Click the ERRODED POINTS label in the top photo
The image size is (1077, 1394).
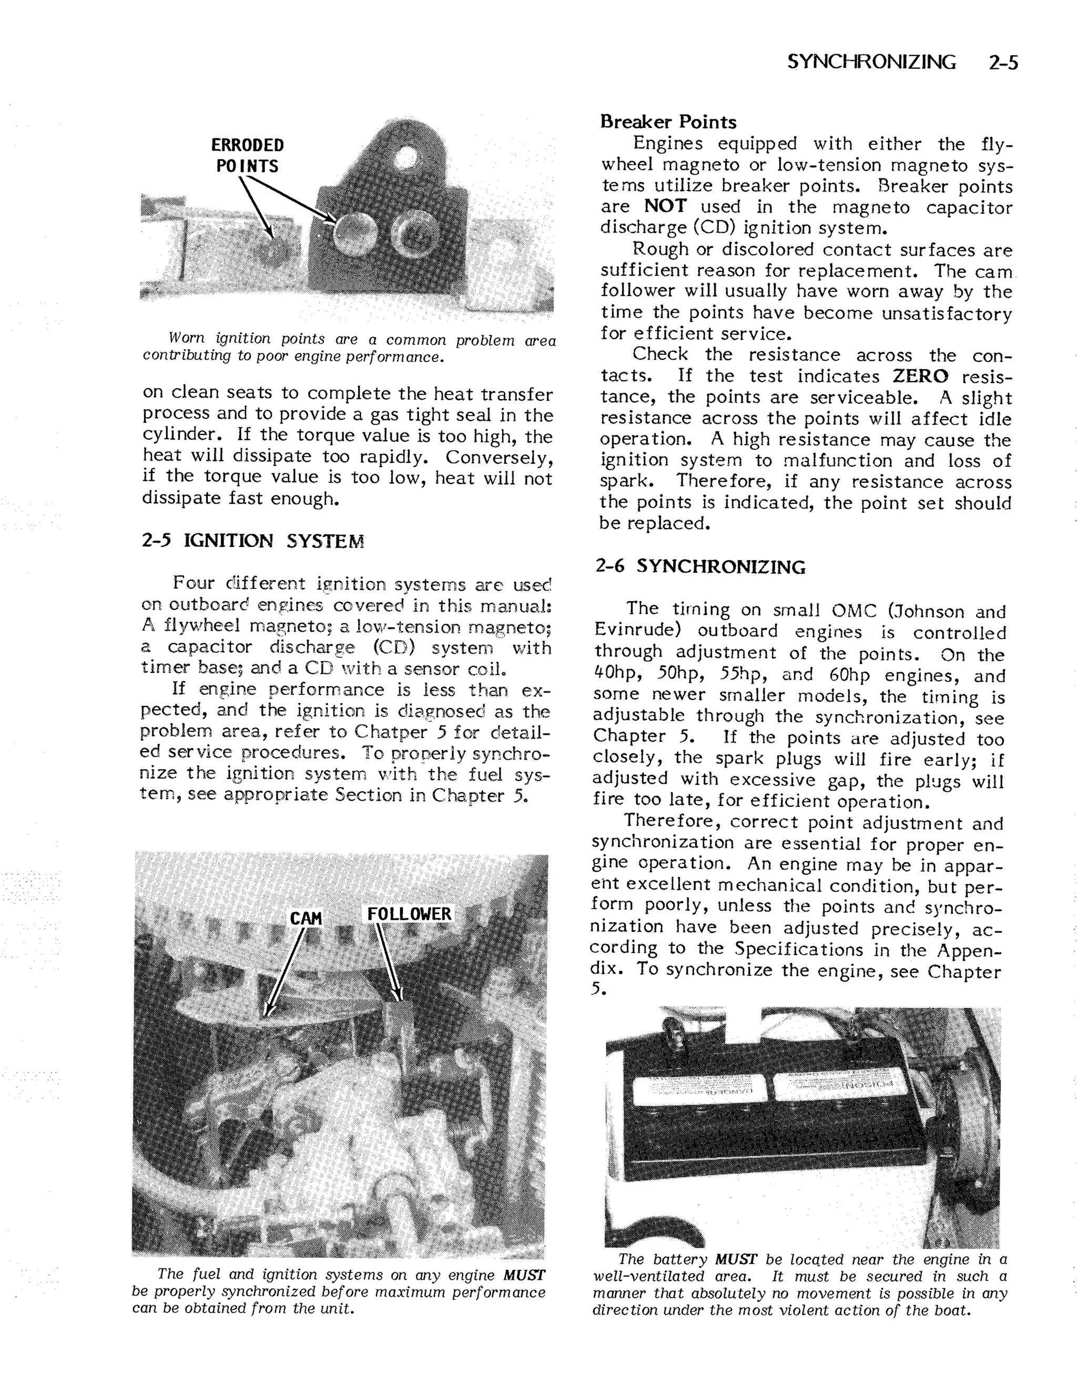tap(248, 156)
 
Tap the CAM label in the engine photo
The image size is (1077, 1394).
tap(306, 918)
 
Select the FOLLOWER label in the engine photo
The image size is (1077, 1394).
tap(409, 914)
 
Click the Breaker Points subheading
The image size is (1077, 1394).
tap(667, 122)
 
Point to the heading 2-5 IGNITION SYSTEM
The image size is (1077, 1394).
tap(252, 541)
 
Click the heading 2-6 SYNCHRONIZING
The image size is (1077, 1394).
tap(700, 566)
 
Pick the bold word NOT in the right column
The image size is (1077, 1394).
tap(665, 206)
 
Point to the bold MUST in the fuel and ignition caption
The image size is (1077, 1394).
tap(524, 1275)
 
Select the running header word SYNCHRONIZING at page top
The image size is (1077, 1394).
tap(871, 63)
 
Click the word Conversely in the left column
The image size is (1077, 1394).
tap(497, 457)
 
